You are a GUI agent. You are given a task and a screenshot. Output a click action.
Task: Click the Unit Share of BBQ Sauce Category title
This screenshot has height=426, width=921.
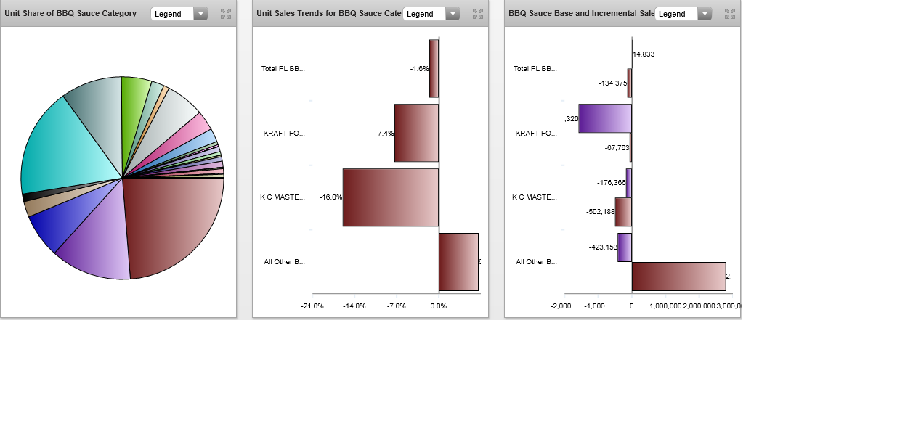(x=70, y=14)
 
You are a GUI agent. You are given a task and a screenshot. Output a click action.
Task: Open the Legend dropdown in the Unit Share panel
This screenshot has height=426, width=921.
(x=179, y=14)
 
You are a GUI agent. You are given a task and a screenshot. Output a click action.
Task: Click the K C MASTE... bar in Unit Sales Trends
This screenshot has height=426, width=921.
(x=391, y=197)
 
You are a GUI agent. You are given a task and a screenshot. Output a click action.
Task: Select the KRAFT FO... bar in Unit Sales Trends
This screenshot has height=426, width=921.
(x=416, y=133)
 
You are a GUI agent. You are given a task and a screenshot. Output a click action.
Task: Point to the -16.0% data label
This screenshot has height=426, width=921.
(x=330, y=197)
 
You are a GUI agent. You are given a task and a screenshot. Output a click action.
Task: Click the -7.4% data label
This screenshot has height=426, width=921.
(x=384, y=134)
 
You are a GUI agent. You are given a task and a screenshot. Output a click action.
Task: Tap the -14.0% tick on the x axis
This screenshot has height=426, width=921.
(x=354, y=306)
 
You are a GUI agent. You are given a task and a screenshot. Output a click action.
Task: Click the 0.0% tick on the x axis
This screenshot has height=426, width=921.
(x=439, y=306)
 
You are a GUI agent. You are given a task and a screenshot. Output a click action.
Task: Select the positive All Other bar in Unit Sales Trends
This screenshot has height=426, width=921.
(x=458, y=262)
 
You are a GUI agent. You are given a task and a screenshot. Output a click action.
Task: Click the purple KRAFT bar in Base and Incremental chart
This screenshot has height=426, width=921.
(x=605, y=118)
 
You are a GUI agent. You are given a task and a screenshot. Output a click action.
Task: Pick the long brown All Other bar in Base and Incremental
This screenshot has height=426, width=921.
(x=678, y=277)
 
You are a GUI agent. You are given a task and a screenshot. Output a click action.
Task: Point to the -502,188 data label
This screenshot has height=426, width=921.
(x=600, y=212)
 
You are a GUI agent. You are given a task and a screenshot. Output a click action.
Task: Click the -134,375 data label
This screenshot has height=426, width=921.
(x=612, y=83)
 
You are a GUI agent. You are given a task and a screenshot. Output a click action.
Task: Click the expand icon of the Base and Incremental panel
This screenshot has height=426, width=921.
(x=730, y=14)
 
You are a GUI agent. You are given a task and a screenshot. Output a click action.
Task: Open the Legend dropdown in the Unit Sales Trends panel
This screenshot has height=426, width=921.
(x=431, y=14)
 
